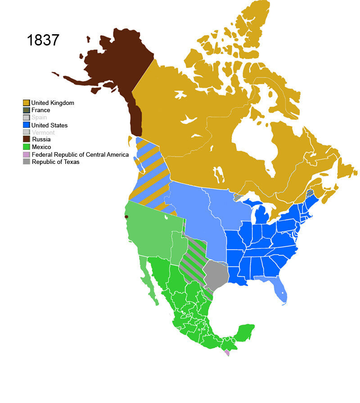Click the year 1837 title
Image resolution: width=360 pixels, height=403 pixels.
click(43, 40)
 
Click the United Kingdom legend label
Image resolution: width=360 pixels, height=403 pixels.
click(53, 103)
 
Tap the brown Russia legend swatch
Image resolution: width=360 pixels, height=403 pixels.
click(27, 140)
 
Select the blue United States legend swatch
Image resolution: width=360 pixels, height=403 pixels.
click(27, 125)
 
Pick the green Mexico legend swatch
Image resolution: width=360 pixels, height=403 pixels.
click(27, 147)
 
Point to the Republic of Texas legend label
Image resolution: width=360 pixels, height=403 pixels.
click(55, 162)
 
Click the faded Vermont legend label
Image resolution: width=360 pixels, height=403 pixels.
click(43, 132)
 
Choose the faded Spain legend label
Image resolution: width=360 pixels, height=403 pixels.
click(39, 118)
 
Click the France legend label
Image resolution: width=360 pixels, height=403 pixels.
click(40, 110)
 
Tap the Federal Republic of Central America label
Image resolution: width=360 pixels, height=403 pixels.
click(80, 154)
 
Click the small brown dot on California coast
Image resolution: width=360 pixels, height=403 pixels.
click(126, 217)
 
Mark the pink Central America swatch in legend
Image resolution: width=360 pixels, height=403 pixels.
click(27, 154)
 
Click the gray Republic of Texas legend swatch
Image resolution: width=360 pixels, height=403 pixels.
click(27, 162)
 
